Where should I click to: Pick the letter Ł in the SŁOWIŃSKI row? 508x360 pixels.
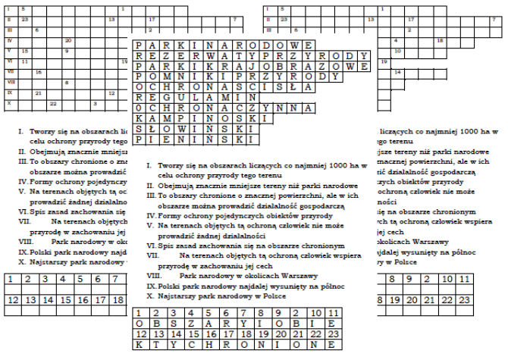pos(149,130)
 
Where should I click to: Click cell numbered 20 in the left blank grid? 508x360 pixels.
pos(68,40)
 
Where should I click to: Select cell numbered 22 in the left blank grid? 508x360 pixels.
pos(53,102)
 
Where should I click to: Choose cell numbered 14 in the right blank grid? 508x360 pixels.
pos(398,73)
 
